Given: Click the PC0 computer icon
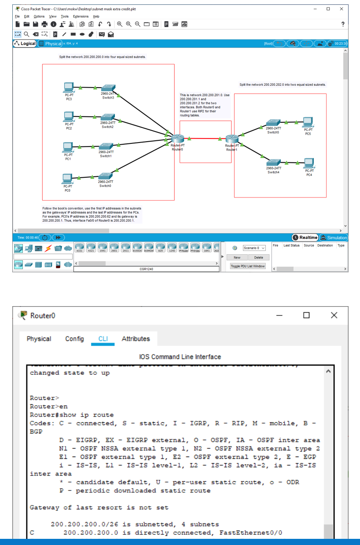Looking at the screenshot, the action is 67,178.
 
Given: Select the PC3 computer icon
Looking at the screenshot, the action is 68,87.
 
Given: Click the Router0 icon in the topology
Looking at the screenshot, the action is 177,139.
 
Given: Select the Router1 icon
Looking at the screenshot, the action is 231,139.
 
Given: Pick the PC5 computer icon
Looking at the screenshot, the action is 308,121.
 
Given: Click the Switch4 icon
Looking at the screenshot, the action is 273,161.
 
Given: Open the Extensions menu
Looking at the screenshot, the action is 81,16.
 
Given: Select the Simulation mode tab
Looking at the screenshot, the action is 334,238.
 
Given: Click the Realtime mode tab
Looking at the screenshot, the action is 305,238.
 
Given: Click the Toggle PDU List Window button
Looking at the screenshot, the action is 248,266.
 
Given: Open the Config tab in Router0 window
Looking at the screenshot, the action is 74,339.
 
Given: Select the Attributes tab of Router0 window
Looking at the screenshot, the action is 136,339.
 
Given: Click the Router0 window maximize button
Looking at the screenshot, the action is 306,315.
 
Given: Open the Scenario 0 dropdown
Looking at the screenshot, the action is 254,248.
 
